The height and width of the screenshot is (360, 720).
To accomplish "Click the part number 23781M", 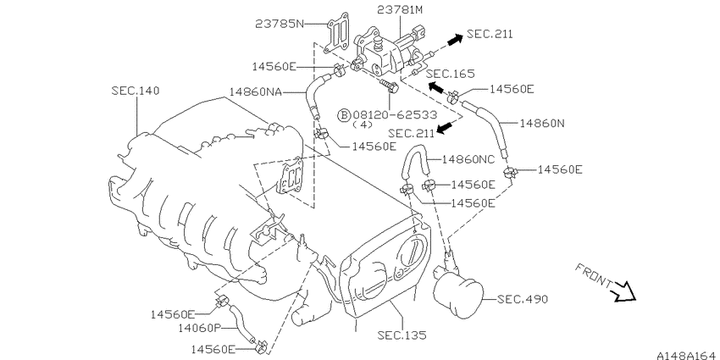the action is [x=399, y=10].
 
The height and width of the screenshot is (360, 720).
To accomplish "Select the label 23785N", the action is [x=280, y=24].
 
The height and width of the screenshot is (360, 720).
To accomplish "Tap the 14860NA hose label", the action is [x=255, y=91].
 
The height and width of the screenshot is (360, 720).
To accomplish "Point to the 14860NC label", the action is [x=468, y=159].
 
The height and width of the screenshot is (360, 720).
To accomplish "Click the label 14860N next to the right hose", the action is [x=542, y=123].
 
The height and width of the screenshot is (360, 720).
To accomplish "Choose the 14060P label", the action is [x=200, y=328].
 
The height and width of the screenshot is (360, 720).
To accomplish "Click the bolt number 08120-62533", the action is [x=395, y=114].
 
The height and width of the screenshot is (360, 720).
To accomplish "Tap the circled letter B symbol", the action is [x=344, y=114].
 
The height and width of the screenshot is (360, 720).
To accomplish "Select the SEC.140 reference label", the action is [x=136, y=91].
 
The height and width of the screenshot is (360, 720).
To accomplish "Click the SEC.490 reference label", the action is [x=523, y=299].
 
